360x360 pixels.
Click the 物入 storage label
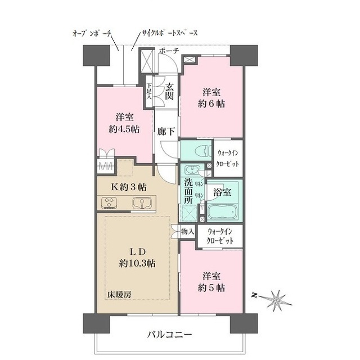pyautogui.click(x=188, y=231)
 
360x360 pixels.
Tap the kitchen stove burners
pyautogui.click(x=109, y=203)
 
